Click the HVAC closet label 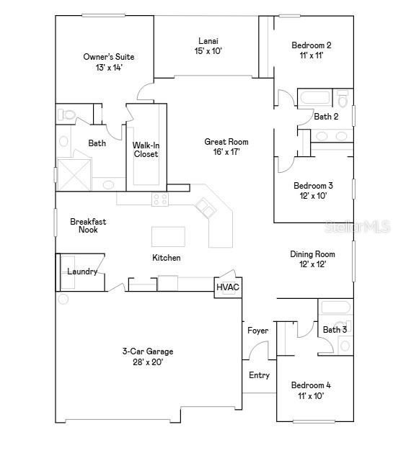tap(228, 287)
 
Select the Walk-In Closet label tap(146, 149)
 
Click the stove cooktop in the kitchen tap(160, 199)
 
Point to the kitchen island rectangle tap(167, 237)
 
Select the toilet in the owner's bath tap(67, 115)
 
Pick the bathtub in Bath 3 tap(335, 308)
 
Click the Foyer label tap(257, 331)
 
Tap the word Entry tap(259, 375)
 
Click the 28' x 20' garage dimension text tap(147, 362)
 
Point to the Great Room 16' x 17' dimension tap(226, 152)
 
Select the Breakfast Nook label tap(84, 225)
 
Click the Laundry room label tap(82, 272)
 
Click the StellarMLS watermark tap(368, 226)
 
